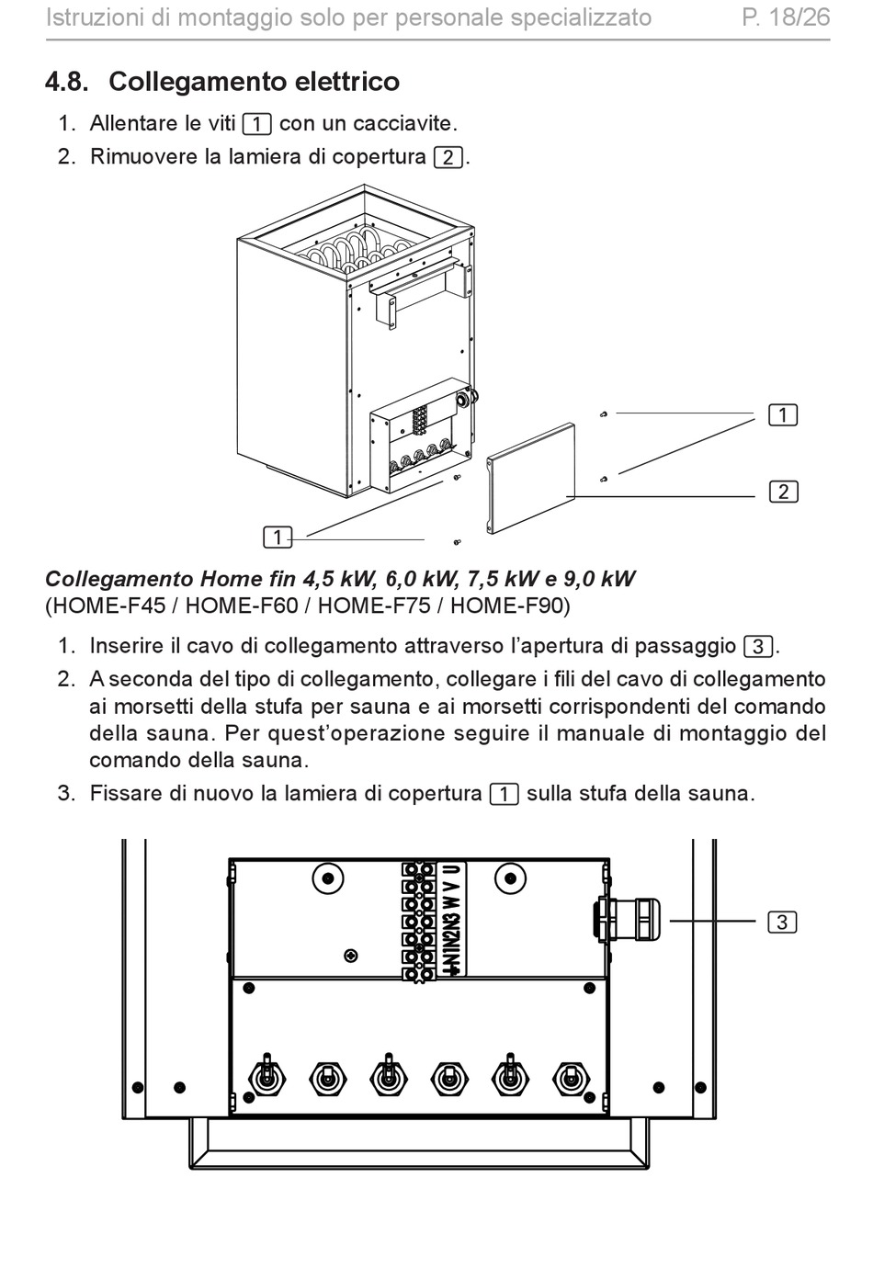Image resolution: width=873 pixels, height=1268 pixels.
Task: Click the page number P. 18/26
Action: [786, 17]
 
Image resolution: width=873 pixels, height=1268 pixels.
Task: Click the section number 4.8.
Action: [66, 82]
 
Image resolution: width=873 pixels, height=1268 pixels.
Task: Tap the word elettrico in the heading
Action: [346, 82]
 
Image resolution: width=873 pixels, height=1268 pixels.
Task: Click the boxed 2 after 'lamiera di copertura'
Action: [448, 157]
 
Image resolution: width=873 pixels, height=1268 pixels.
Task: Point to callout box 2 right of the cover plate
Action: [783, 492]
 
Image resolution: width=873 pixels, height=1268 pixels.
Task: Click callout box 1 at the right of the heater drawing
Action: [783, 415]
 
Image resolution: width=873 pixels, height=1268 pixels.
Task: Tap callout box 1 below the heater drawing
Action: [277, 538]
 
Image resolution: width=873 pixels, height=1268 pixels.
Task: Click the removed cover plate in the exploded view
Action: [531, 481]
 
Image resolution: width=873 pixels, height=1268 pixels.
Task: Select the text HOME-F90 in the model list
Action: [507, 606]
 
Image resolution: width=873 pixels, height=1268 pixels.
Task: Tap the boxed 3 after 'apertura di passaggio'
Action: [757, 647]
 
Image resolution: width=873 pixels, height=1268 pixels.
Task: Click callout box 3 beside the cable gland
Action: [782, 922]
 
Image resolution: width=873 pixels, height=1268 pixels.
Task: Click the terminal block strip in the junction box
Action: [419, 919]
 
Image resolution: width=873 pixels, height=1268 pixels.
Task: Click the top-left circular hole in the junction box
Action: [328, 878]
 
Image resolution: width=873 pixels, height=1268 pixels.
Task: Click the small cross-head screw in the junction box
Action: [350, 956]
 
